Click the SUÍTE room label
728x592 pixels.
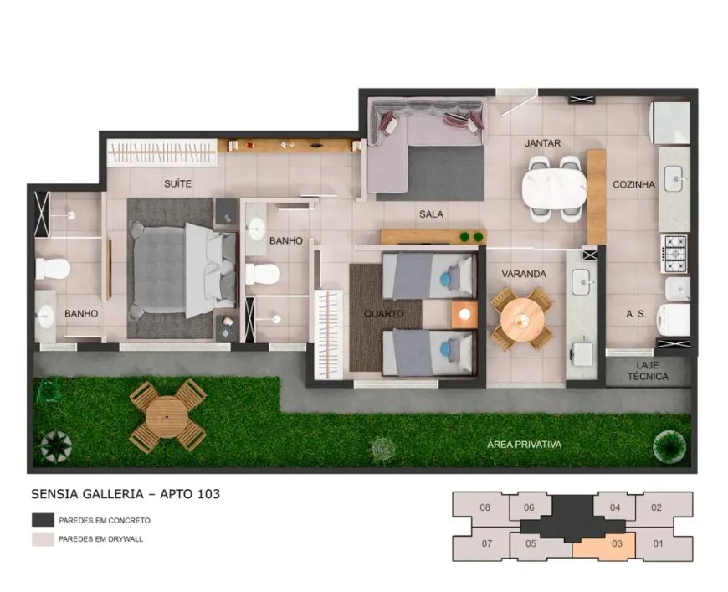177,183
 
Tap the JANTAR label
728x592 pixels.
543,143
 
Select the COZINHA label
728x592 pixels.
633,184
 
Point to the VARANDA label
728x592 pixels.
524,274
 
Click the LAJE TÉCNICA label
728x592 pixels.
648,371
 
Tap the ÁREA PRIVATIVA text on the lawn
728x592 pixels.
524,445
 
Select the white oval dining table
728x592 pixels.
554,189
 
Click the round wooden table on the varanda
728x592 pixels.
522,319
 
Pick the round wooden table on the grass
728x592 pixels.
167,417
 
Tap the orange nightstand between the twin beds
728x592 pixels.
464,314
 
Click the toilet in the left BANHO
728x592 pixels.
53,269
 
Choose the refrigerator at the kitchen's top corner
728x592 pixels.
670,123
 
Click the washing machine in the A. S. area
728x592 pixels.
672,320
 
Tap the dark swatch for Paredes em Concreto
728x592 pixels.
43,520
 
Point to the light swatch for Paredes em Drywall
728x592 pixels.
43,539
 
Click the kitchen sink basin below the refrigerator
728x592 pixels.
674,178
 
